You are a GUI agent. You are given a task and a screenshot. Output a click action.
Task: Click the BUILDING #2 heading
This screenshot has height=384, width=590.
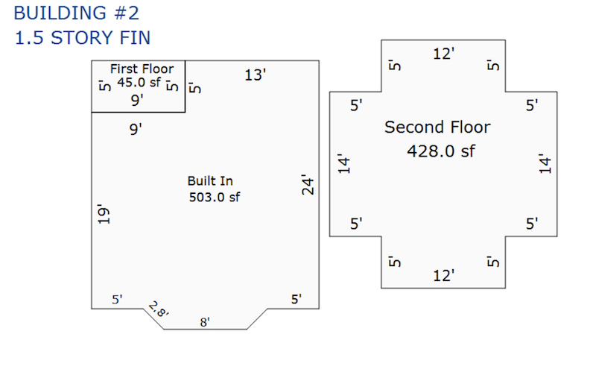(x=77, y=13)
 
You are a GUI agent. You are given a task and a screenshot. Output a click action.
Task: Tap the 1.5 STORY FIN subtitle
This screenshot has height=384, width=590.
(x=83, y=38)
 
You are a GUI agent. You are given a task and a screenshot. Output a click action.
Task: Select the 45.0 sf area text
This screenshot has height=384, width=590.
(x=139, y=82)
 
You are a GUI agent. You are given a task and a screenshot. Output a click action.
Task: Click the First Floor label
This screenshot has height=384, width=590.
(x=142, y=69)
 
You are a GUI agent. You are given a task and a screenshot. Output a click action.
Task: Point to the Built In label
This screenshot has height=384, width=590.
(x=210, y=181)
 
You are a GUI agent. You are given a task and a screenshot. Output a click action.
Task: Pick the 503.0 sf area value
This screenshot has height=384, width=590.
(x=214, y=198)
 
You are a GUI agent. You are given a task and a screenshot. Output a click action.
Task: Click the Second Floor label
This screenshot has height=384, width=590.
(x=437, y=128)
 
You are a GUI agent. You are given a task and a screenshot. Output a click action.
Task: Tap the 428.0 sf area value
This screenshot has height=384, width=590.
(x=440, y=151)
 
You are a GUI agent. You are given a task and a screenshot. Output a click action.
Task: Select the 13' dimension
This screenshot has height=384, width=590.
(x=255, y=75)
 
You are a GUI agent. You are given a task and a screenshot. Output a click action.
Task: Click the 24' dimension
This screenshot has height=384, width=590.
(x=308, y=184)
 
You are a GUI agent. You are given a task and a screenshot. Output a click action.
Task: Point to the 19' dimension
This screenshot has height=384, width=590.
(x=104, y=214)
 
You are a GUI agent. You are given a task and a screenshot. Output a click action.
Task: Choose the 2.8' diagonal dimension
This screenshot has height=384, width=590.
(x=159, y=309)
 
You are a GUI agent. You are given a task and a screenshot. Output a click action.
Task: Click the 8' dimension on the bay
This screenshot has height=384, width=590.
(x=205, y=322)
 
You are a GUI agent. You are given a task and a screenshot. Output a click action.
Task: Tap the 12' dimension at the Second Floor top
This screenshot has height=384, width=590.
(x=444, y=54)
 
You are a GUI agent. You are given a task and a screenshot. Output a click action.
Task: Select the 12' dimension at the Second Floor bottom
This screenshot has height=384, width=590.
(x=444, y=276)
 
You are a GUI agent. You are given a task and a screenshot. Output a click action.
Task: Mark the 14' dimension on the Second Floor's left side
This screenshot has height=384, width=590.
(x=344, y=163)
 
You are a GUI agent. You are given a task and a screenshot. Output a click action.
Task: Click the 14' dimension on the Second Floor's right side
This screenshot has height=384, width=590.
(x=545, y=163)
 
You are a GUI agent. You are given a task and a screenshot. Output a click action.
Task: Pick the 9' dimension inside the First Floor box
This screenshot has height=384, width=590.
(x=137, y=101)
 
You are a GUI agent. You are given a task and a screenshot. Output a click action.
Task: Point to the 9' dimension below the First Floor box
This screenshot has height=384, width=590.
(x=136, y=129)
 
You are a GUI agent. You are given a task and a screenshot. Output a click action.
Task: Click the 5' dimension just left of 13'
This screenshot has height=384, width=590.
(x=195, y=88)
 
